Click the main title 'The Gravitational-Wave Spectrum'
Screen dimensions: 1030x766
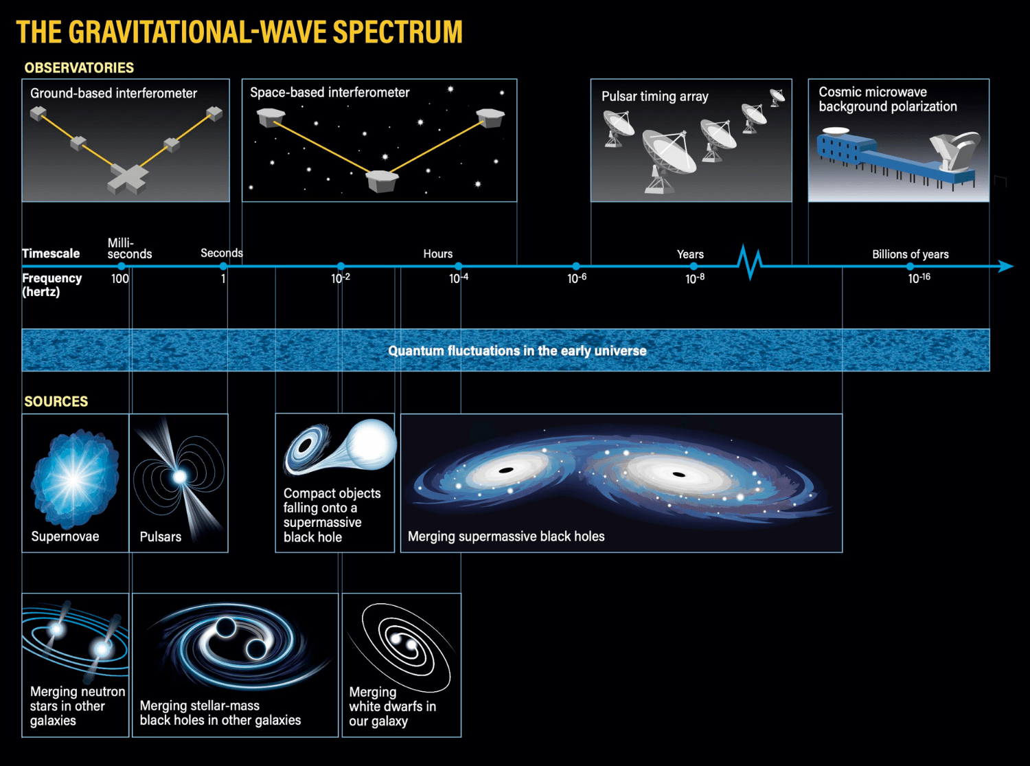(x=239, y=32)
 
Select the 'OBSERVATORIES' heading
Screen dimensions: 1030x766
(x=79, y=68)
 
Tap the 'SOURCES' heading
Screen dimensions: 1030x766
(x=56, y=402)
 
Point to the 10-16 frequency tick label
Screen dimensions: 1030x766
(x=919, y=278)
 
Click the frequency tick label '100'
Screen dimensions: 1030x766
(x=119, y=278)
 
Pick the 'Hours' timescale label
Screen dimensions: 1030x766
(x=438, y=254)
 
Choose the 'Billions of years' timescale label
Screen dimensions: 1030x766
(x=911, y=254)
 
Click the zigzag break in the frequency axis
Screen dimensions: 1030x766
(x=750, y=262)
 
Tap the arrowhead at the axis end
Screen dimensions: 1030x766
(x=1006, y=267)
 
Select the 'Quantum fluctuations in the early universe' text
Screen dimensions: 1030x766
(x=517, y=350)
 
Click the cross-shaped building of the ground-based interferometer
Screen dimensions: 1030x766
(x=128, y=179)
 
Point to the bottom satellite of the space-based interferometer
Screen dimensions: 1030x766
(x=382, y=181)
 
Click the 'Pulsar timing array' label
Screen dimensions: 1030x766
(x=655, y=96)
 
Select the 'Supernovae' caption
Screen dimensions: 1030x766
(x=65, y=537)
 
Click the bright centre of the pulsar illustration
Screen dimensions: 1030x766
(x=180, y=476)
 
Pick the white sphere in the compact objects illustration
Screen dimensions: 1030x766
(x=371, y=444)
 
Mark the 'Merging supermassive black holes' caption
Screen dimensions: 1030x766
(x=506, y=537)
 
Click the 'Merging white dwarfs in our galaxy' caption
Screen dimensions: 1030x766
(x=392, y=706)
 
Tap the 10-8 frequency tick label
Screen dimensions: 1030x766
(x=695, y=278)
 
